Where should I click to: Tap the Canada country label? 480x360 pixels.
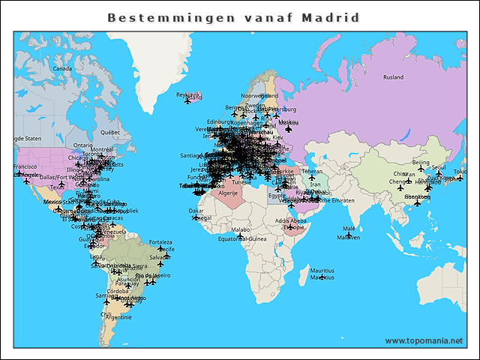click(x=61, y=69)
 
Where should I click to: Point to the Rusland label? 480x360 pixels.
click(x=393, y=77)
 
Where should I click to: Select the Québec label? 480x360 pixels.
click(x=110, y=132)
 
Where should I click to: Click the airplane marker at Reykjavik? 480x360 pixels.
click(x=187, y=101)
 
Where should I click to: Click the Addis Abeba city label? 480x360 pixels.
click(x=290, y=220)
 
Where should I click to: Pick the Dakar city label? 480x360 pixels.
click(x=196, y=211)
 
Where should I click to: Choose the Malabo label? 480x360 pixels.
click(x=241, y=229)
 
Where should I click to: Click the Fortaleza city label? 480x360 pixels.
click(x=160, y=242)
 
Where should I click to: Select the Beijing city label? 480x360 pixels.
click(x=421, y=162)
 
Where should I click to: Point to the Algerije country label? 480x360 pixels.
click(x=227, y=192)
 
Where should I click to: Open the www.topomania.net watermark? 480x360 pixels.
click(x=424, y=340)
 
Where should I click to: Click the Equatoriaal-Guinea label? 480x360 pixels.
click(x=239, y=238)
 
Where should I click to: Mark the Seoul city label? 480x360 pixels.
click(x=439, y=167)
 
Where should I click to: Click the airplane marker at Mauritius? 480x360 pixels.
click(x=322, y=277)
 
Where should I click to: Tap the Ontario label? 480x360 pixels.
click(x=83, y=145)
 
